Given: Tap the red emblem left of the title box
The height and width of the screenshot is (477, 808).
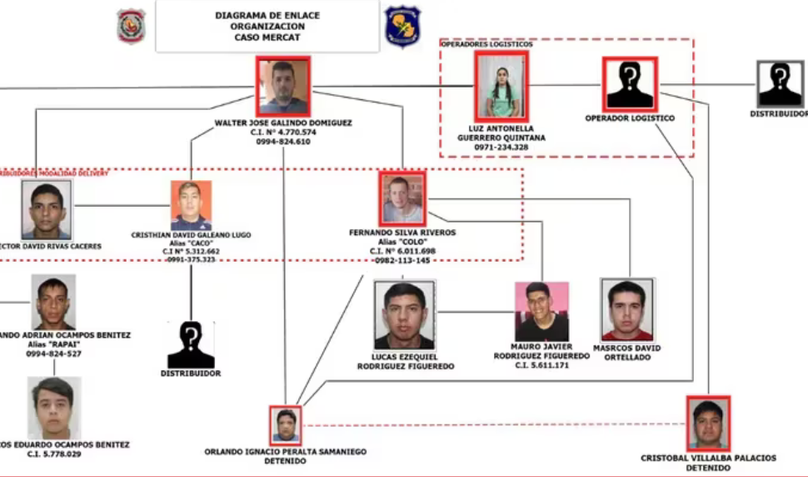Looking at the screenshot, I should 131,26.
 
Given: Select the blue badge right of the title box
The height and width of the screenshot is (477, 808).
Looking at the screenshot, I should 402,26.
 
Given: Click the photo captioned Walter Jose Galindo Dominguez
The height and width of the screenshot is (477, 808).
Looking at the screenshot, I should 283,86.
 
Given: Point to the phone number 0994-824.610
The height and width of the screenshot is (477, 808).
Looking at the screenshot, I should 283,142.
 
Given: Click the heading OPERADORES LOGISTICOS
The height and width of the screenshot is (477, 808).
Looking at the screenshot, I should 486,44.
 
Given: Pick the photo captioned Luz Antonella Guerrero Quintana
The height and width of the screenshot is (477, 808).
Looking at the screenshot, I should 501,86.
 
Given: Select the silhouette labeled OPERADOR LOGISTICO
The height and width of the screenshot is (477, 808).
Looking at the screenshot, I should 630,83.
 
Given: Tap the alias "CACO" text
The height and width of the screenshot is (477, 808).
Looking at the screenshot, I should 191,244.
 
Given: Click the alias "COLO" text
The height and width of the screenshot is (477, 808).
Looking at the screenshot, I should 402,242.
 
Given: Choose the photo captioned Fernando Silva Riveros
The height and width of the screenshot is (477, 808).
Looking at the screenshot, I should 402,198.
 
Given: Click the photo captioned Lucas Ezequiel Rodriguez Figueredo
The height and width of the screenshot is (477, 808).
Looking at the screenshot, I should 404,314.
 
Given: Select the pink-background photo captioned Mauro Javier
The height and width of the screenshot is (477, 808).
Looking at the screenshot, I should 541,311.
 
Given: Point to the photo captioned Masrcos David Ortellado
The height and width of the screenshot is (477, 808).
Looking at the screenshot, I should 627,309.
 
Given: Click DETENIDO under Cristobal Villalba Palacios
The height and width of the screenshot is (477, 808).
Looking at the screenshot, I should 708,468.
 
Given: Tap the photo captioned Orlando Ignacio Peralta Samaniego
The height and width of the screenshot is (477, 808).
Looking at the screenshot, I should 286,425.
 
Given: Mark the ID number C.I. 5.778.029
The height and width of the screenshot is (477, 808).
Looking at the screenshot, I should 54,454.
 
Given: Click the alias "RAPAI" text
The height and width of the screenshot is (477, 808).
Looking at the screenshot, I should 53,344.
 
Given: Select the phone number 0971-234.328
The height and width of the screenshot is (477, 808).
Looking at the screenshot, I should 501,147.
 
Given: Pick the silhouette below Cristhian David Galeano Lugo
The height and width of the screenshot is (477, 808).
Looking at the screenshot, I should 191,344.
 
